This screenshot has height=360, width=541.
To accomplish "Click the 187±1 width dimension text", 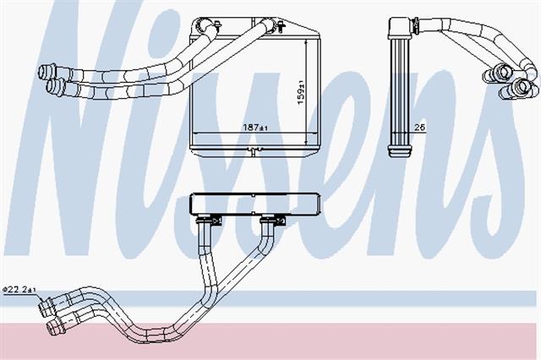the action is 255,128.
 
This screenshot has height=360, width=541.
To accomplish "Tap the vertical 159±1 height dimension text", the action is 301,92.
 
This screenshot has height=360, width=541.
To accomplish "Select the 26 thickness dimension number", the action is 419,128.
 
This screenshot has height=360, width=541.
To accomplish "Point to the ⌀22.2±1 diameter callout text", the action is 19,290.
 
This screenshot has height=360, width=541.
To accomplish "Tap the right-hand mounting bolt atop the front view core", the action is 281,25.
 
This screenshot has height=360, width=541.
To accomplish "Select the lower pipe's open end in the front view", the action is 52,86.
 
